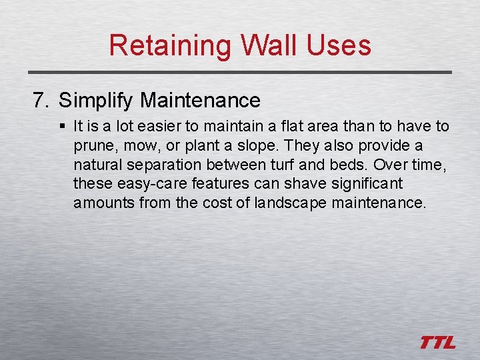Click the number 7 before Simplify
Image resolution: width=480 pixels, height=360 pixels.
40,101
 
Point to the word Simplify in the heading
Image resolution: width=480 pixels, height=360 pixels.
96,101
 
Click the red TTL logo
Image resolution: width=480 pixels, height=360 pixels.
437,343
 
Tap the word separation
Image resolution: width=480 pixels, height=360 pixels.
155,164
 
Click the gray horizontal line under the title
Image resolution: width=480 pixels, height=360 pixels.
240,72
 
